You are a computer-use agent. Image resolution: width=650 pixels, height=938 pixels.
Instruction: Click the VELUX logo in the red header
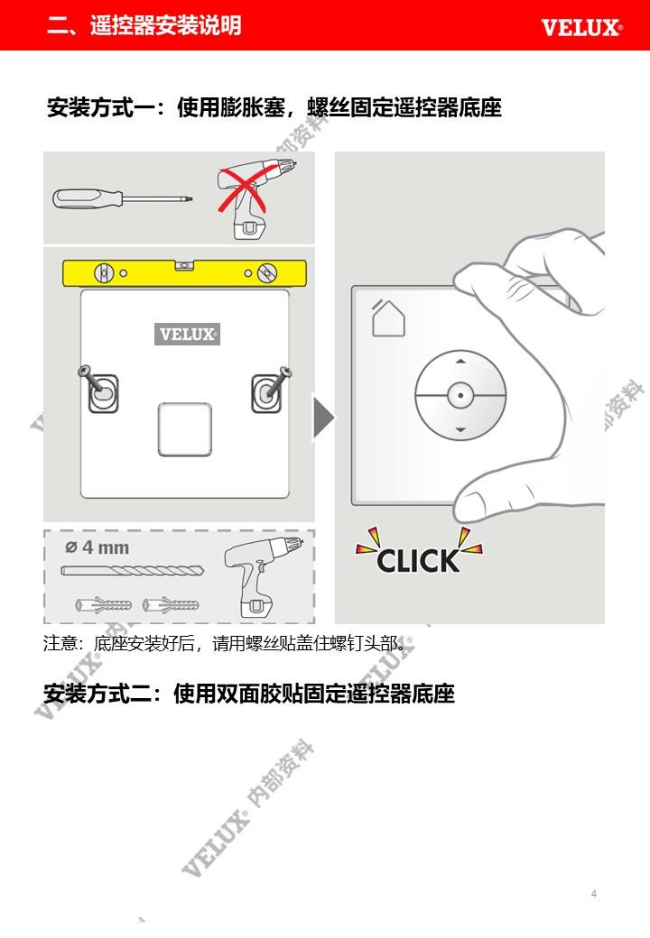(x=581, y=28)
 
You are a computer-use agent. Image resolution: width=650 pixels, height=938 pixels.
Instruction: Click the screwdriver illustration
(x=124, y=198)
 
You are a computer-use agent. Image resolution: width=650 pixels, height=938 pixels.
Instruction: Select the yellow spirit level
(x=184, y=272)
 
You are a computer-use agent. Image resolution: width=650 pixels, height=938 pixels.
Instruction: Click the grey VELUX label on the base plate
(x=188, y=334)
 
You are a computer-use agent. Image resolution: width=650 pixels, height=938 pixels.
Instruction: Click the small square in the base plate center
(x=185, y=429)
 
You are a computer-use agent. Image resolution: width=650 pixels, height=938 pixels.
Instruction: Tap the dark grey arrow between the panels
(x=324, y=417)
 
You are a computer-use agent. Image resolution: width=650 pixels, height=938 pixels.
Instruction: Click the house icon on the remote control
(x=388, y=317)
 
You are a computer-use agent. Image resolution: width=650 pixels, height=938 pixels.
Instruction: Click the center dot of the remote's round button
(x=460, y=395)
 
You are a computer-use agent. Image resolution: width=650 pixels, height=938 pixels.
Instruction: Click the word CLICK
(x=418, y=561)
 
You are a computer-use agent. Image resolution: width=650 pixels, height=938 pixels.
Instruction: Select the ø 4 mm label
(x=97, y=547)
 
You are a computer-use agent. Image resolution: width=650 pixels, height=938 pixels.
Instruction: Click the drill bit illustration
(x=133, y=571)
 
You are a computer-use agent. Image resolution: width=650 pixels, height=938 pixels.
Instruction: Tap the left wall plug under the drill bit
(x=103, y=605)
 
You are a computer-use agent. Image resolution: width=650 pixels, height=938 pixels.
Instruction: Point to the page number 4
(x=594, y=893)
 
